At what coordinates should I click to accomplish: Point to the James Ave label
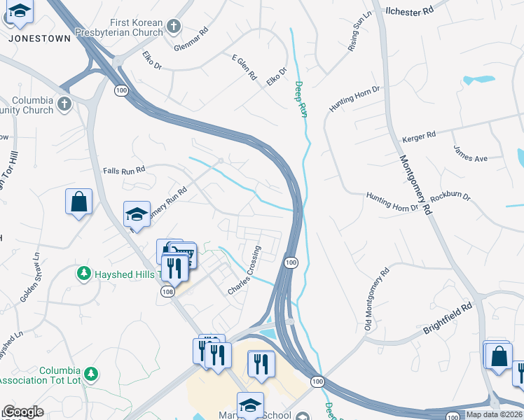point(470,153)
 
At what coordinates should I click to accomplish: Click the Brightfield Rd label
point(448,316)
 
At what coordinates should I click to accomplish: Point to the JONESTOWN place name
point(40,38)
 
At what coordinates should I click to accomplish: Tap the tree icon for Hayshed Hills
point(83,272)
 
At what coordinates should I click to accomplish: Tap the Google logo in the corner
point(23,412)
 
